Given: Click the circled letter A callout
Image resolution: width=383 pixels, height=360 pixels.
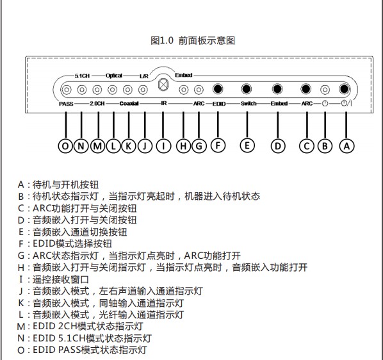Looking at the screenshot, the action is pyautogui.click(x=346, y=146).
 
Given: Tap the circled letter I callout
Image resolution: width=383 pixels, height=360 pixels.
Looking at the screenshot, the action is pyautogui.click(x=163, y=146).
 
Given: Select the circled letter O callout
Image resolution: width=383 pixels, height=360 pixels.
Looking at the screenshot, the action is pyautogui.click(x=65, y=146).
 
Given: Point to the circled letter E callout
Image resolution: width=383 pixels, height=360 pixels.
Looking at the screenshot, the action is pyautogui.click(x=247, y=145).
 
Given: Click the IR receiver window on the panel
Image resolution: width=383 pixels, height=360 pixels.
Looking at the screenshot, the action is pyautogui.click(x=163, y=85).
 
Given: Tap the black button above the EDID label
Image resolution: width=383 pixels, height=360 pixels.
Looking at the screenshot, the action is pyautogui.click(x=218, y=89).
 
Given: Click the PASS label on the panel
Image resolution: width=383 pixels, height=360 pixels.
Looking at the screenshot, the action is pyautogui.click(x=66, y=104).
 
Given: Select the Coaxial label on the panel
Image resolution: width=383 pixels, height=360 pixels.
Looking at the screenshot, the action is pyautogui.click(x=129, y=104).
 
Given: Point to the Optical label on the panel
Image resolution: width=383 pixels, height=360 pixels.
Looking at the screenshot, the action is pyautogui.click(x=114, y=76).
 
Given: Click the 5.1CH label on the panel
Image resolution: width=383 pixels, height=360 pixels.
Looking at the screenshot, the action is pyautogui.click(x=82, y=76).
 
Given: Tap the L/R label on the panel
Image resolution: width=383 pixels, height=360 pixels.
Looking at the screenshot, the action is pyautogui.click(x=144, y=76).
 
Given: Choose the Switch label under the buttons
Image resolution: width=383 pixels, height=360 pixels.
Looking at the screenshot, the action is pyautogui.click(x=249, y=104).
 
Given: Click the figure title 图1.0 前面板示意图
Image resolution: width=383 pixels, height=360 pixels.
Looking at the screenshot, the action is pyautogui.click(x=193, y=40).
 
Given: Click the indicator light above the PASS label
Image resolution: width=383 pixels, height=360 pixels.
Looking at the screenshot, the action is pyautogui.click(x=67, y=90).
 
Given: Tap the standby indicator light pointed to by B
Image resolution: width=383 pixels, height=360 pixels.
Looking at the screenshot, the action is pyautogui.click(x=325, y=90).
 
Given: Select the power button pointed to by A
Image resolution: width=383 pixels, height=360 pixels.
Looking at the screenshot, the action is pyautogui.click(x=344, y=89).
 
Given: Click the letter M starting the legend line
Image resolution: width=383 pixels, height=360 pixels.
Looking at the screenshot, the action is pyautogui.click(x=21, y=327).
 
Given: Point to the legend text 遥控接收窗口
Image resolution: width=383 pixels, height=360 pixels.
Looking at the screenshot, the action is pyautogui.click(x=61, y=279).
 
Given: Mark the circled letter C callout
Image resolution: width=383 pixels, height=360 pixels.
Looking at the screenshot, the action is pyautogui.click(x=307, y=146).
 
